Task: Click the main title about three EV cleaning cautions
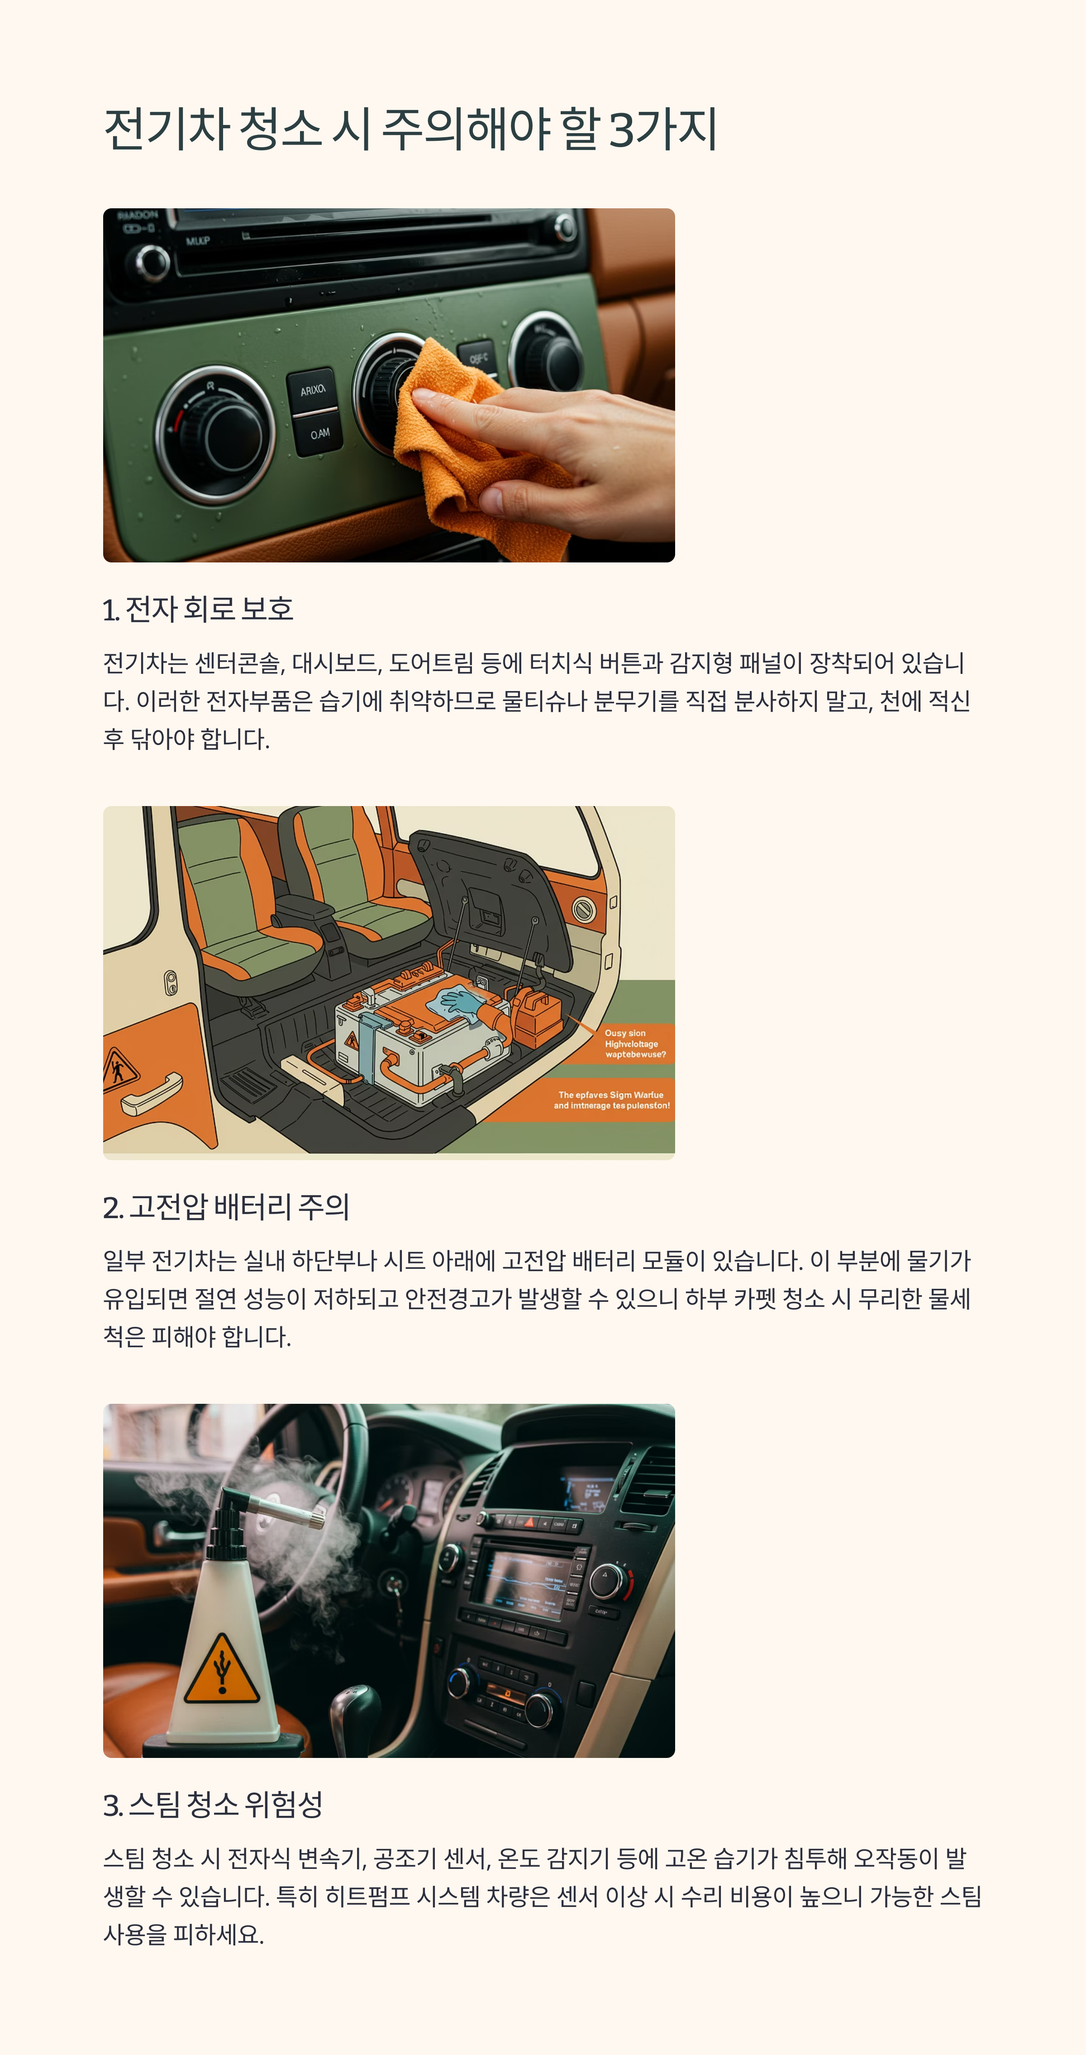(410, 129)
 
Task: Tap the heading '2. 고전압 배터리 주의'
(226, 1207)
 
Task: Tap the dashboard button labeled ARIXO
(313, 390)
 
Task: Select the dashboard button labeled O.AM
(320, 434)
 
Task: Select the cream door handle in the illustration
(152, 1093)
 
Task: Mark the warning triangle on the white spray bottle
(222, 1669)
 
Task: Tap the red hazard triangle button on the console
(529, 1522)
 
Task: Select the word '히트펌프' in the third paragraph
(367, 1896)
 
